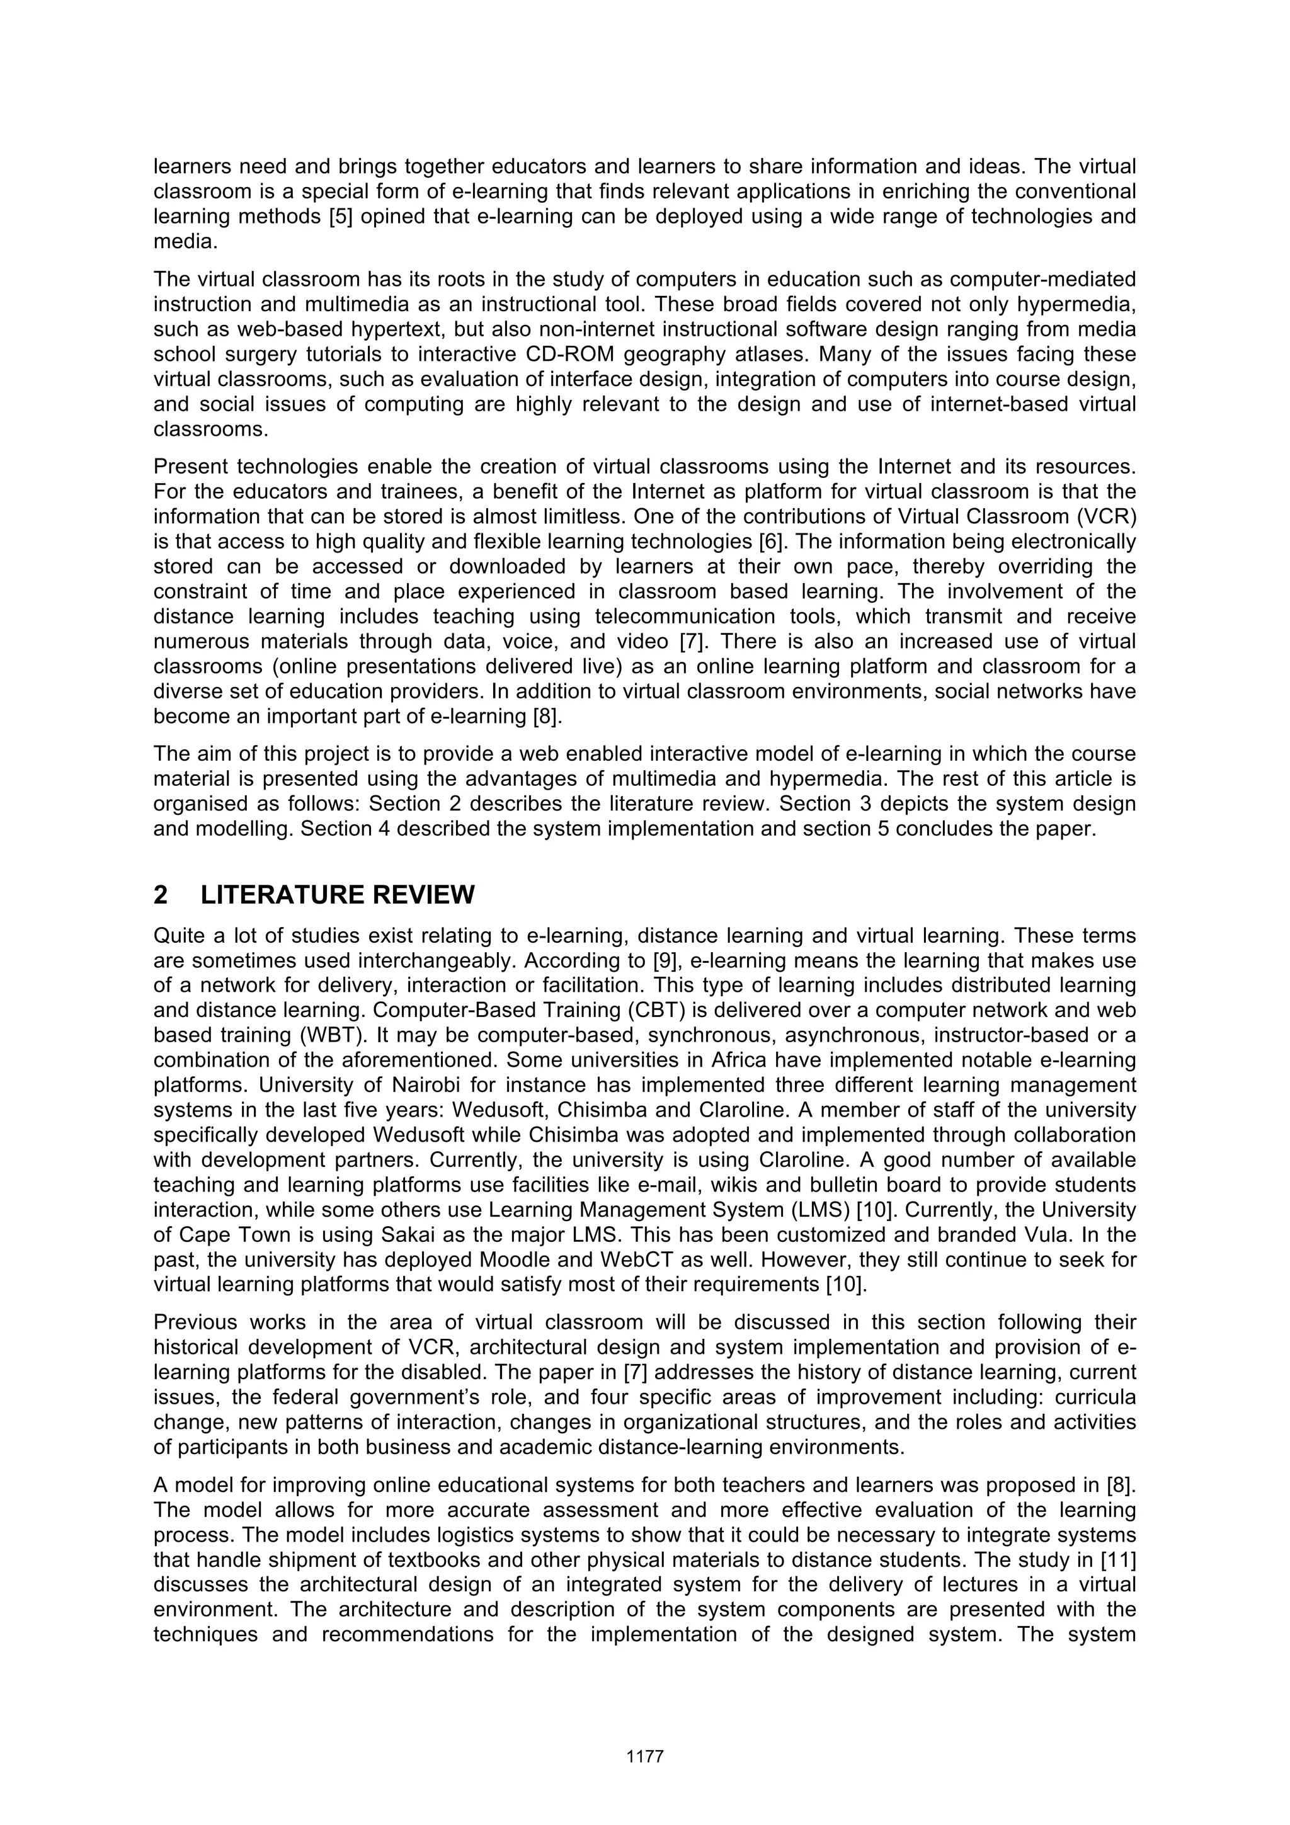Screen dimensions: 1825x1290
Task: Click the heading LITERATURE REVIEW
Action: point(337,895)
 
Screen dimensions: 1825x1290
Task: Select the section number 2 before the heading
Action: point(161,895)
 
